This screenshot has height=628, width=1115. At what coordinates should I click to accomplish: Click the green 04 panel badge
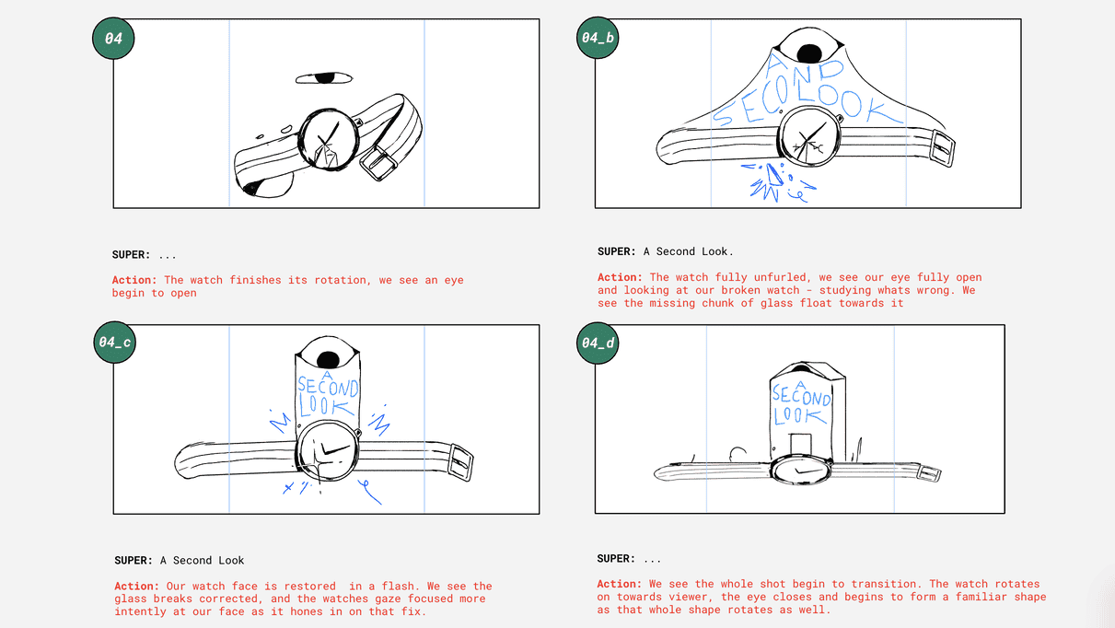pos(113,39)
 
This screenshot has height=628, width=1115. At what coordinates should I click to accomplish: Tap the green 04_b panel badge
pos(598,38)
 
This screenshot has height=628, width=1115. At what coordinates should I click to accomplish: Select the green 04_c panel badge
pos(114,343)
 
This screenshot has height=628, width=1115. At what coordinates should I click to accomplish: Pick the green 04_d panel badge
pos(598,343)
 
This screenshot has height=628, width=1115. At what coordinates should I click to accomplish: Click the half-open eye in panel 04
pos(324,78)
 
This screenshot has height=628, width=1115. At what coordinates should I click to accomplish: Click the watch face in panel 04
pos(329,140)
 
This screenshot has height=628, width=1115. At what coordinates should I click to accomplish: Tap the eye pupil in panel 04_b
pos(809,53)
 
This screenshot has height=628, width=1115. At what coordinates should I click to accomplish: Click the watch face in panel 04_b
pos(809,136)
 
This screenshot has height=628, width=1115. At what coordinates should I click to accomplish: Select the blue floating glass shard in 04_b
pos(774,175)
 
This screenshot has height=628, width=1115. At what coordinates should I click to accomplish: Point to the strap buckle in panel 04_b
pos(942,148)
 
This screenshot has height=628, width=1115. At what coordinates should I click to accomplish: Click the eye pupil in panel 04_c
pos(328,360)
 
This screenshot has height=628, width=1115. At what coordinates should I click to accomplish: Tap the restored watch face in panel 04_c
pos(328,451)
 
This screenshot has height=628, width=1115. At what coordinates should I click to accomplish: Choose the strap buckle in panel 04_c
pos(460,463)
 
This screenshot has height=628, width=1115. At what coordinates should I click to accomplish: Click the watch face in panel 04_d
pos(801,470)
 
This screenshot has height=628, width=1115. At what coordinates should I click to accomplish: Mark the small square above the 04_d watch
pos(800,445)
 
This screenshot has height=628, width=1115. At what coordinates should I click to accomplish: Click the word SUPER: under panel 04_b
pos(617,251)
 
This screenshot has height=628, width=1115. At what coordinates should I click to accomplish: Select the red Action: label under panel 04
pos(134,280)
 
